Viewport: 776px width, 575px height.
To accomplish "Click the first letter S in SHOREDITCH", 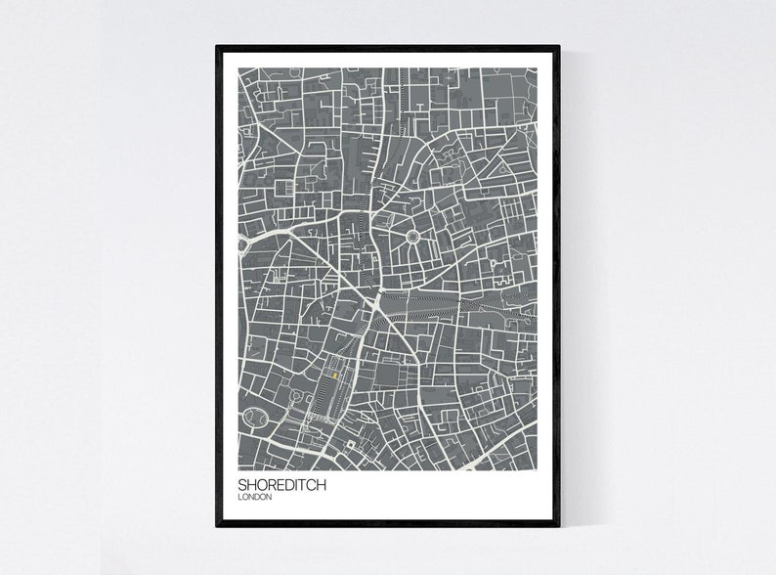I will (x=243, y=484).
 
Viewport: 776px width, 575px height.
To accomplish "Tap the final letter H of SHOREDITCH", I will (x=322, y=484).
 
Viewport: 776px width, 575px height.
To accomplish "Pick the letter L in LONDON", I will (x=241, y=497).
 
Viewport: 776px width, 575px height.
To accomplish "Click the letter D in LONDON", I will (x=258, y=497).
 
